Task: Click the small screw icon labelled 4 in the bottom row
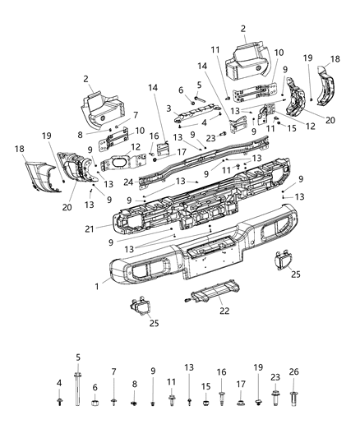(x=60, y=402)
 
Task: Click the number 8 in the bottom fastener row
(x=135, y=383)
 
